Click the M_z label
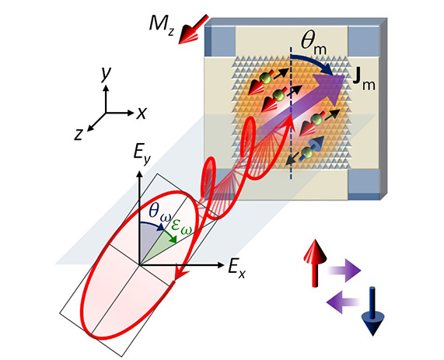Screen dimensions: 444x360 (x=162, y=25)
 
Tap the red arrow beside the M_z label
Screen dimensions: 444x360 (x=193, y=30)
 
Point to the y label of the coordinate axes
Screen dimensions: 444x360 (x=106, y=74)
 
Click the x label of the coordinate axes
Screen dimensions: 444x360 (x=141, y=113)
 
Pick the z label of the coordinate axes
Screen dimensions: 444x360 (x=79, y=135)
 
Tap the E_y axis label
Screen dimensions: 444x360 (x=142, y=156)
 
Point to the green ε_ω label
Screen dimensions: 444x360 (x=181, y=227)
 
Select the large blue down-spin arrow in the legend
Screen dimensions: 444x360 (x=372, y=312)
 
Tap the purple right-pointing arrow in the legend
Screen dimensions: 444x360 (x=344, y=271)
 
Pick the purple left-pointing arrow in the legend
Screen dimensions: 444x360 (x=344, y=302)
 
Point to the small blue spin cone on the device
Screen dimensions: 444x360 (x=316, y=143)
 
